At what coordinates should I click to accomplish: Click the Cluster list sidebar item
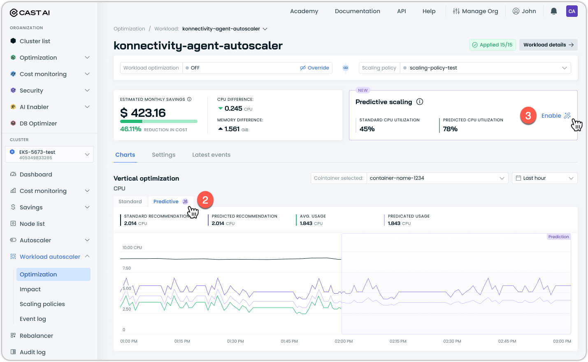pos(35,41)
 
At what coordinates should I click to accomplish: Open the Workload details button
pos(548,45)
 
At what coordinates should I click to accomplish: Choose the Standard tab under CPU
pos(130,202)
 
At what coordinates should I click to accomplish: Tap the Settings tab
pos(163,155)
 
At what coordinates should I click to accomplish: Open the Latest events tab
pos(211,155)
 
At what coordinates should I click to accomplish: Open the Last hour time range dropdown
pos(544,178)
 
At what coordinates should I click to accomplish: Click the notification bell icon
pos(554,11)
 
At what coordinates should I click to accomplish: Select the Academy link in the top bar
pos(304,11)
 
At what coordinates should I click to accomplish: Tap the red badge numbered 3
pos(528,116)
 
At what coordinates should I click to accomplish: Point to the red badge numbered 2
pos(205,200)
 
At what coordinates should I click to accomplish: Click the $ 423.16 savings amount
pos(143,113)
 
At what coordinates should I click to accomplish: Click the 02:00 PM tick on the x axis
pos(344,341)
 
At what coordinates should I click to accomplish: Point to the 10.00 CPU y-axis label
pos(132,248)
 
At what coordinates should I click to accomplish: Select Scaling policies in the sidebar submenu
pos(42,304)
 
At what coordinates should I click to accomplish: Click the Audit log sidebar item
pos(33,352)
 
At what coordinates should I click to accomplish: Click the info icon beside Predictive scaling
pos(420,102)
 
